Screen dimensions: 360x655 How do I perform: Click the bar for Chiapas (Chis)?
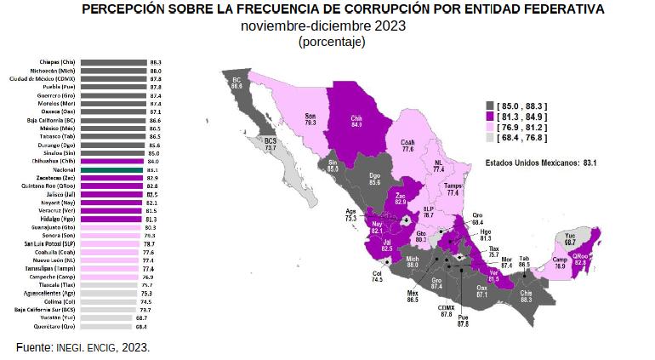click(114, 62)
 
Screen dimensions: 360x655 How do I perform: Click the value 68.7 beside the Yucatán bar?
click(155, 317)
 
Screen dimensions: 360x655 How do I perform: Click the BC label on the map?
click(236, 83)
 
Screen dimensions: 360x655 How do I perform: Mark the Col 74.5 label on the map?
click(376, 277)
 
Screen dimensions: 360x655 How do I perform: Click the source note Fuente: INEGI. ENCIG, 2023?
click(84, 347)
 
